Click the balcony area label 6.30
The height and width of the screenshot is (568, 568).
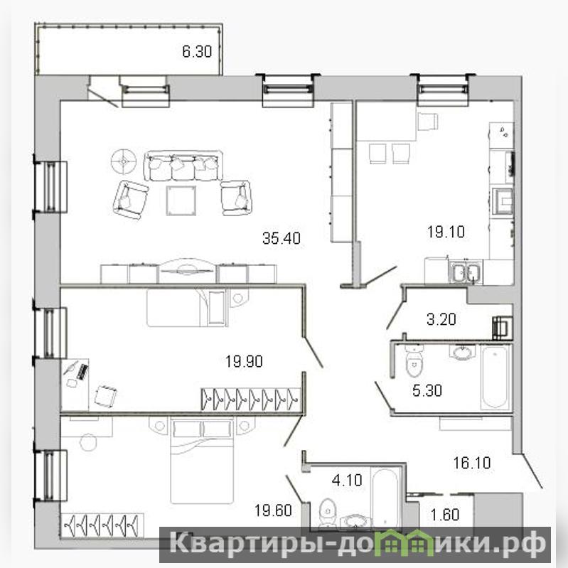pyautogui.click(x=197, y=51)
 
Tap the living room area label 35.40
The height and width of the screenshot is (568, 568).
pyautogui.click(x=282, y=238)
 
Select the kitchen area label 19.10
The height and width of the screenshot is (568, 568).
pyautogui.click(x=446, y=232)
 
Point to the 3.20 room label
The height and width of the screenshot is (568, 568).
pyautogui.click(x=441, y=319)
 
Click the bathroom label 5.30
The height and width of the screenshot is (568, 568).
pyautogui.click(x=427, y=390)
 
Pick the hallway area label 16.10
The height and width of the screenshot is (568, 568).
pyautogui.click(x=472, y=463)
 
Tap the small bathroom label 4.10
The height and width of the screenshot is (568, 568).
pyautogui.click(x=347, y=480)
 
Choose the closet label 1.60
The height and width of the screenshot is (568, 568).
pyautogui.click(x=445, y=515)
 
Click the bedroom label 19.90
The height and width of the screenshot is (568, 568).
pyautogui.click(x=244, y=361)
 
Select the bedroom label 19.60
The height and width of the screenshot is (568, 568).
pyautogui.click(x=273, y=510)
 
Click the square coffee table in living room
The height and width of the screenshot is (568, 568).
pyautogui.click(x=181, y=200)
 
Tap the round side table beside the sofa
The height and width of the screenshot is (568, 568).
pyautogui.click(x=124, y=161)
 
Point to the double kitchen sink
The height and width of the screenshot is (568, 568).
pyautogui.click(x=466, y=272)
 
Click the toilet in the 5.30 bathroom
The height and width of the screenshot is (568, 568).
pyautogui.click(x=414, y=360)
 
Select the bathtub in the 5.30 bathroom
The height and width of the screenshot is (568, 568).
pyautogui.click(x=495, y=377)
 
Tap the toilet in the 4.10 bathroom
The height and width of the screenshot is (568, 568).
pyautogui.click(x=328, y=512)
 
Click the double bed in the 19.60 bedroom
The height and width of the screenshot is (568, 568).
pyautogui.click(x=202, y=460)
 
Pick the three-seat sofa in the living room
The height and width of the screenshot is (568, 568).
pyautogui.click(x=183, y=166)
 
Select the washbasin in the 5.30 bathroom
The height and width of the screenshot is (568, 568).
pyautogui.click(x=462, y=352)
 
